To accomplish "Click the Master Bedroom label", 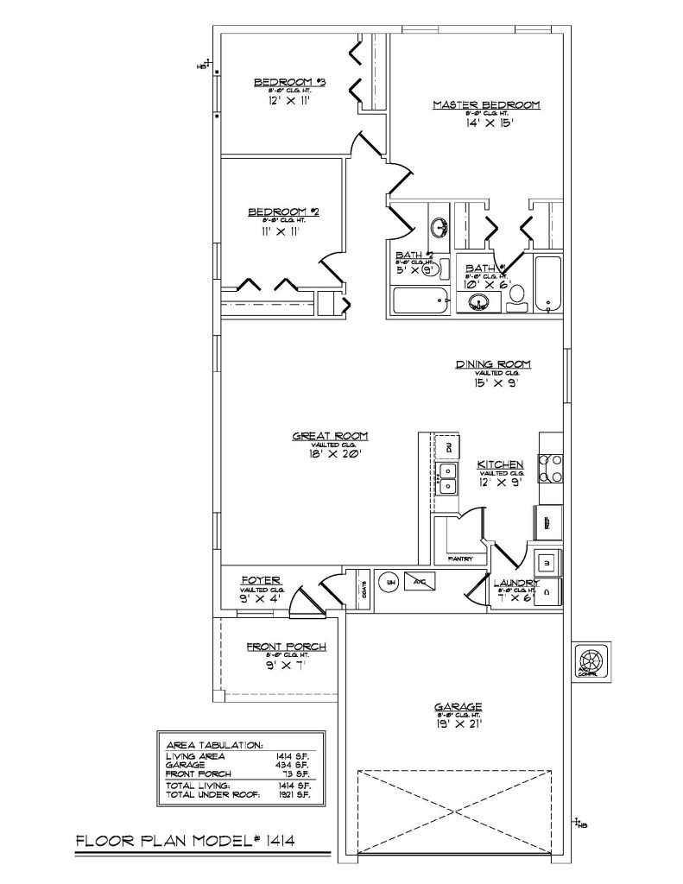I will tap(486, 104).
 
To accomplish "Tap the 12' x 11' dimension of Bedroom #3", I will tap(289, 100).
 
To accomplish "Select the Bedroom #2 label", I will tap(284, 212).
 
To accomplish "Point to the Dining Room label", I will tap(493, 363).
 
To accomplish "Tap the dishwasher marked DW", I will tap(448, 447).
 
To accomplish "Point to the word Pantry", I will tap(461, 559).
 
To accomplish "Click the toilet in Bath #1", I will tap(517, 296).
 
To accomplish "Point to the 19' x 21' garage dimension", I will tap(458, 724).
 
